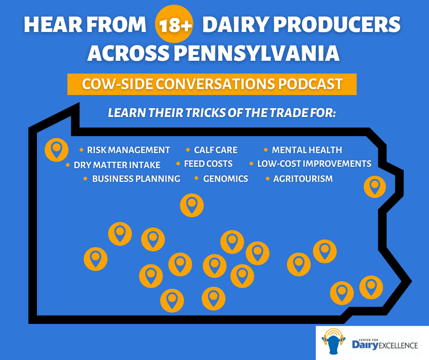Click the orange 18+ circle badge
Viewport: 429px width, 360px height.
174,24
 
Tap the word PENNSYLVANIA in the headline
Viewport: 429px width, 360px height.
256,53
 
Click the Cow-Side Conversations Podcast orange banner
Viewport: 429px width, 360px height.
212,84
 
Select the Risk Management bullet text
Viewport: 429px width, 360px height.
128,150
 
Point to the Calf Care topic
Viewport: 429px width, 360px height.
215,150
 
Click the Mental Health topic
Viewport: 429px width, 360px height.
307,150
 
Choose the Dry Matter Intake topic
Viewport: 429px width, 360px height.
117,165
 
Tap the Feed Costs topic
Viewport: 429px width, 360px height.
208,164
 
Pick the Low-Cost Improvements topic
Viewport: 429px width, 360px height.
314,164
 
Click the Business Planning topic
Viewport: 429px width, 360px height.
136,179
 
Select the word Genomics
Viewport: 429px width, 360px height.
225,179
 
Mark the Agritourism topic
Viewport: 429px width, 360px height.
303,179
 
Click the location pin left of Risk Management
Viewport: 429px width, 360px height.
56,150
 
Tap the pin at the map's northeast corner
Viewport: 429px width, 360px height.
375,187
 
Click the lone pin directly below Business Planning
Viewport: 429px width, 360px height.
192,205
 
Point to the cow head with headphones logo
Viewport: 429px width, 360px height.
333,341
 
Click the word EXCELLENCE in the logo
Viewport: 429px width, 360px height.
398,345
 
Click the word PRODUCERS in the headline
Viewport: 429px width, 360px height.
337,25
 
